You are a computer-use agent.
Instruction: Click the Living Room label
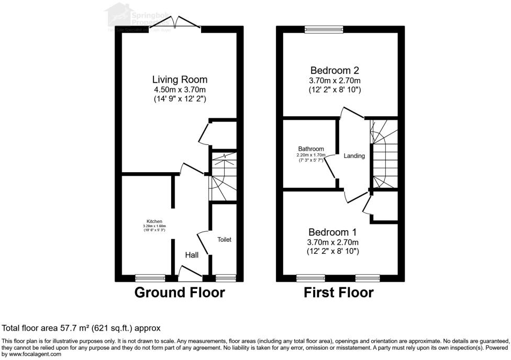coord(180,80)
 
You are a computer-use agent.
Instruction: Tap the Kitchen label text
coord(154,221)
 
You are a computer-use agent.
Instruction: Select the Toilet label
coord(225,240)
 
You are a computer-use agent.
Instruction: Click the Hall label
coord(191,255)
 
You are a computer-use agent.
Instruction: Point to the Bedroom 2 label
coord(335,70)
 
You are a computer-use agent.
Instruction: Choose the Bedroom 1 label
coord(332,232)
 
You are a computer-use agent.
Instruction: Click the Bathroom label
coord(311,149)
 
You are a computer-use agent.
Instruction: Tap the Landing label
coord(354,156)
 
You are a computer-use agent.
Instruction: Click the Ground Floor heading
coord(180,292)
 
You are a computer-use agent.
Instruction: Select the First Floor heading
coord(339,292)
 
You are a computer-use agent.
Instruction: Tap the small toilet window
coord(225,278)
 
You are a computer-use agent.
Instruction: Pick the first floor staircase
coord(385,154)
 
